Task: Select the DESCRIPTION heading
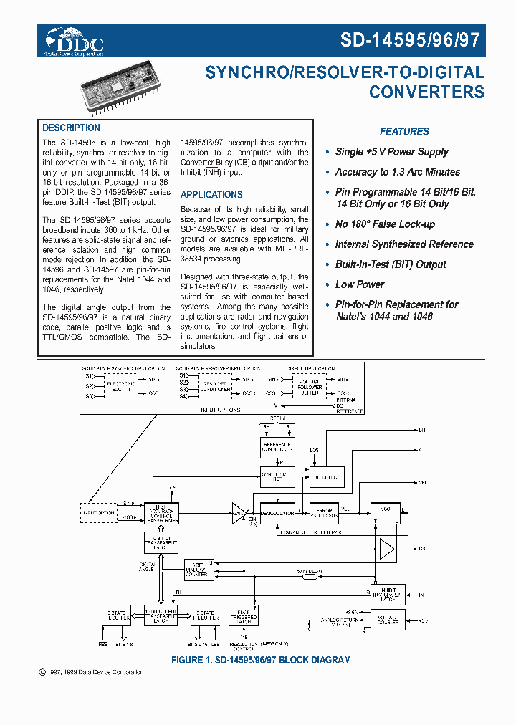[71, 128]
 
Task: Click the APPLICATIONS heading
[211, 194]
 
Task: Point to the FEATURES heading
[404, 132]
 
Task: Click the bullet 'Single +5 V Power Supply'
[391, 152]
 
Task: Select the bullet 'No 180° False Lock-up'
[385, 224]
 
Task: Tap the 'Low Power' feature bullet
[360, 284]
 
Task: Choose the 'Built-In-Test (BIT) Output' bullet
[391, 264]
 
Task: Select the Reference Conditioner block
[277, 448]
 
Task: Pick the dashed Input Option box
[98, 513]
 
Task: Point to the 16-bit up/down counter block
[199, 570]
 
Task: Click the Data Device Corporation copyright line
[91, 672]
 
